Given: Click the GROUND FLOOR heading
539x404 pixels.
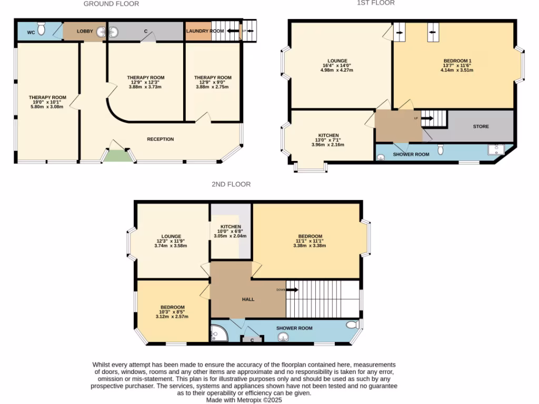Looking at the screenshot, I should pyautogui.click(x=111, y=4).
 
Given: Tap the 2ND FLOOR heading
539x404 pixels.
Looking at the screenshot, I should pyautogui.click(x=231, y=184).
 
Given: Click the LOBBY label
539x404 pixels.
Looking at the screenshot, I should pyautogui.click(x=85, y=32).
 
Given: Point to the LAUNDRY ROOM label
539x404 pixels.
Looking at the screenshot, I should pyautogui.click(x=205, y=32).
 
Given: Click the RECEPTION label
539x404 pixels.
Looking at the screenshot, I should pyautogui.click(x=160, y=139).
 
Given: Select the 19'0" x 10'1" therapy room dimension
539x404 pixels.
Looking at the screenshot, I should pyautogui.click(x=47, y=102).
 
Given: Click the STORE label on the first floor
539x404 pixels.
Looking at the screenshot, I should pyautogui.click(x=481, y=126).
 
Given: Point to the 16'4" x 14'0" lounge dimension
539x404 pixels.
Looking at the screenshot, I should pyautogui.click(x=337, y=65).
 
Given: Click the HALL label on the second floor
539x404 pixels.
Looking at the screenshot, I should pyautogui.click(x=248, y=299).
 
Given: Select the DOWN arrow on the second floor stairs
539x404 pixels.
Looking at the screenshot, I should pyautogui.click(x=285, y=289).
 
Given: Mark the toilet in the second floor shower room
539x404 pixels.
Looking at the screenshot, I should pyautogui.click(x=351, y=324).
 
